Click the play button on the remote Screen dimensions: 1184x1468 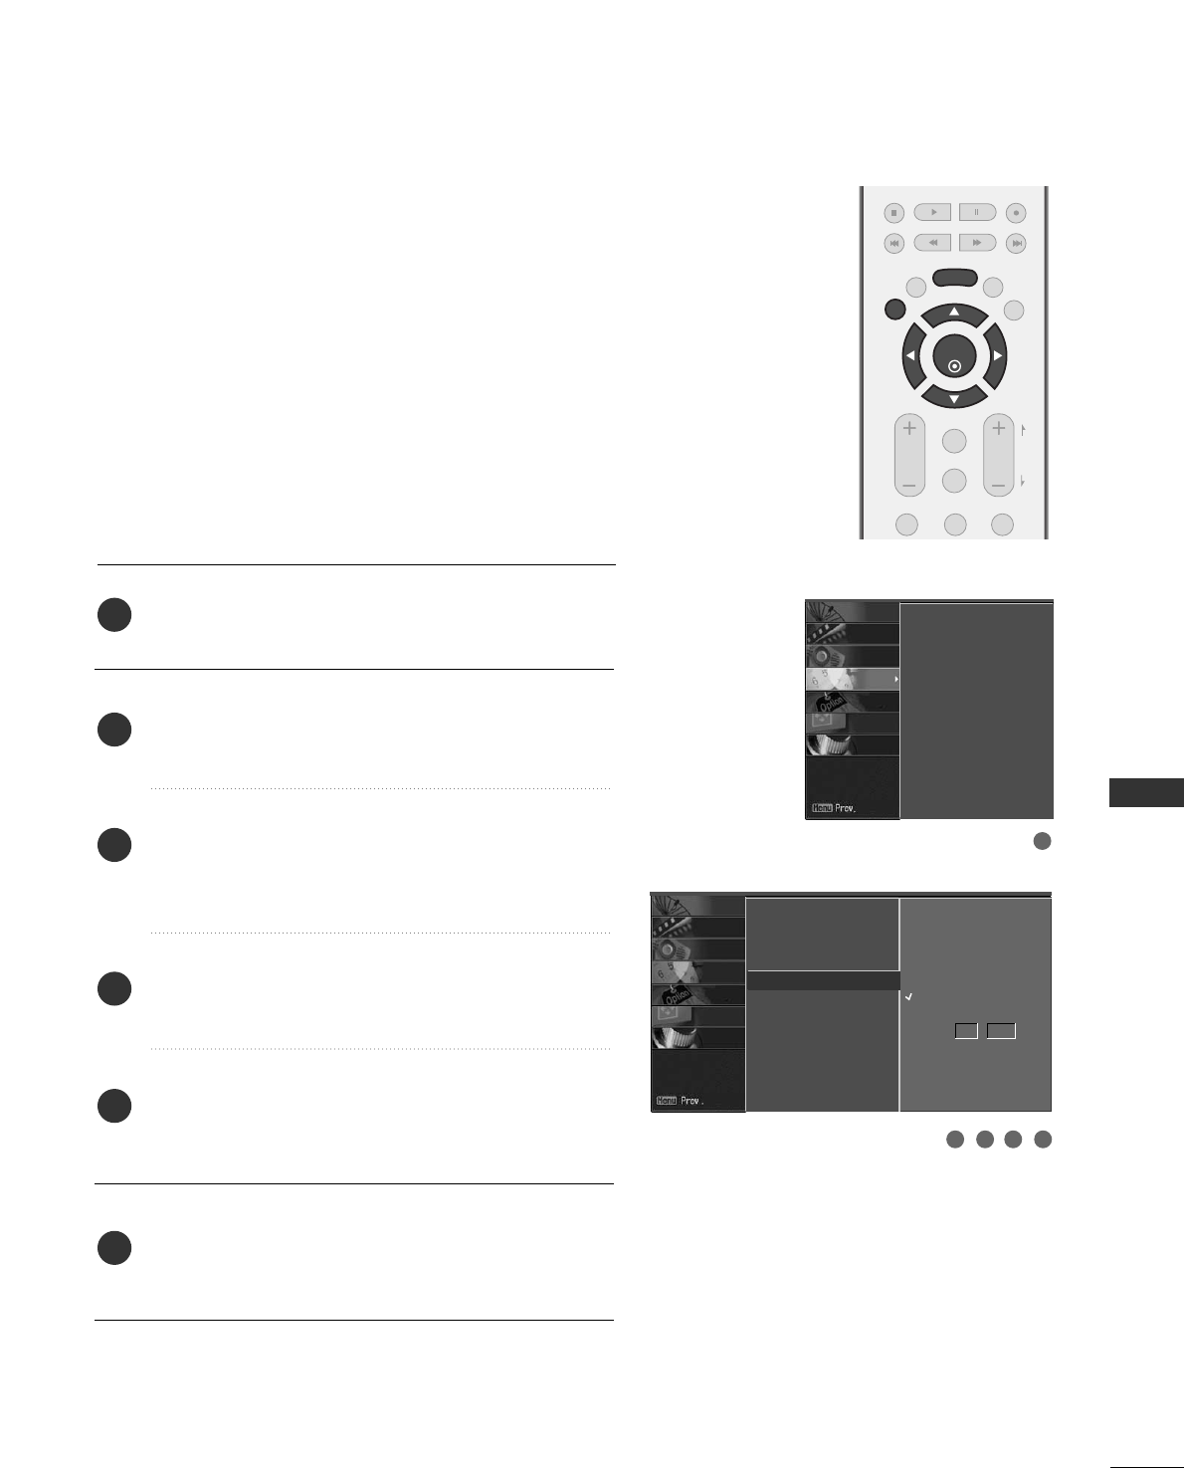click(933, 212)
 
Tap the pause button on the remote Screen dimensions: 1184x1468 click(977, 212)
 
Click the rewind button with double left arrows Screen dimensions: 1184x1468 click(933, 243)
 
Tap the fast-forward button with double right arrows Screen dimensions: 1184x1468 click(977, 243)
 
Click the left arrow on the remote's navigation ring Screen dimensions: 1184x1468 click(910, 355)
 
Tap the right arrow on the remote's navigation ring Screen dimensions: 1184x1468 click(997, 355)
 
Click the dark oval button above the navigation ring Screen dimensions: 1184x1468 click(954, 280)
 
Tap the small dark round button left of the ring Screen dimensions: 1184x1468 click(894, 310)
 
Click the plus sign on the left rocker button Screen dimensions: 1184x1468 click(908, 430)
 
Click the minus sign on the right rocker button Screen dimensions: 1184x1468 click(998, 485)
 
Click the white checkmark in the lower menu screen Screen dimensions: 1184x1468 click(909, 996)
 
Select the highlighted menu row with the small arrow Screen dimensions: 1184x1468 click(852, 679)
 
